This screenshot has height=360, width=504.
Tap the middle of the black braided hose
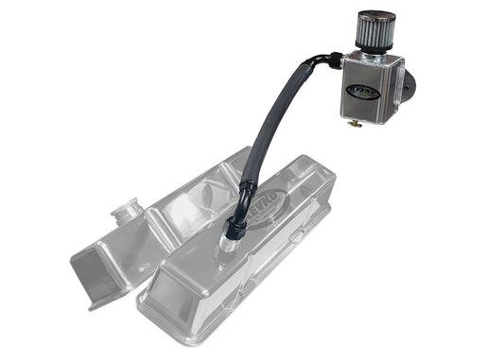tap(255, 142)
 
